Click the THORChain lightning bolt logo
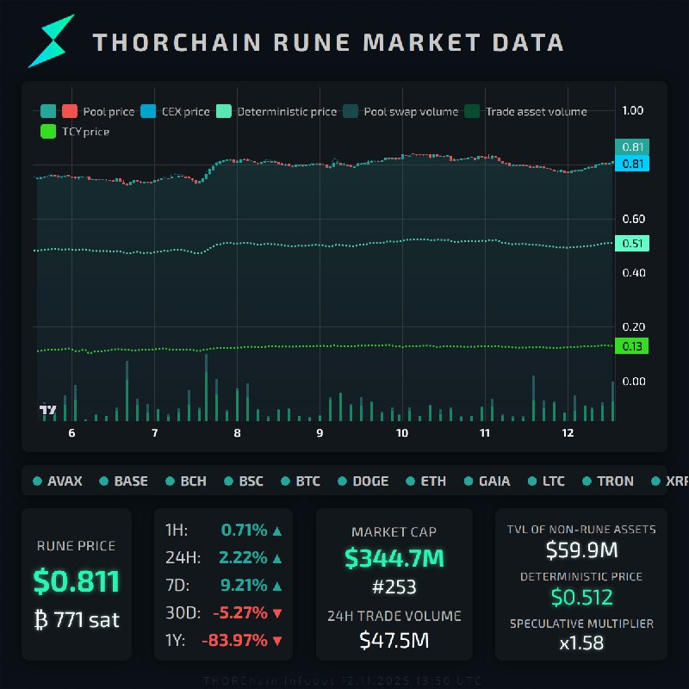52,41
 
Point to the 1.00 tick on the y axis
633,110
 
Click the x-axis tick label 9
320,433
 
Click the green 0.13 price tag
631,346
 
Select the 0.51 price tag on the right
632,244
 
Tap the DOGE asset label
370,481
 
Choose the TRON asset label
615,481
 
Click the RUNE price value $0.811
77,582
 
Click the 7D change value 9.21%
244,586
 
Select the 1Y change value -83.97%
234,640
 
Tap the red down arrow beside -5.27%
276,613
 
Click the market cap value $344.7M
394,558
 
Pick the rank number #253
394,587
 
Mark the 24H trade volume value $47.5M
394,640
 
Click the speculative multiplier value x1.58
581,642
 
